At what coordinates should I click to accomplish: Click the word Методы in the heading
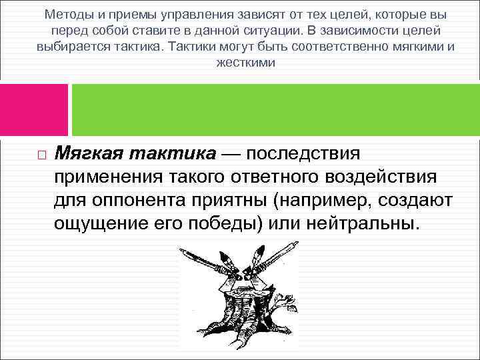[68, 14]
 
